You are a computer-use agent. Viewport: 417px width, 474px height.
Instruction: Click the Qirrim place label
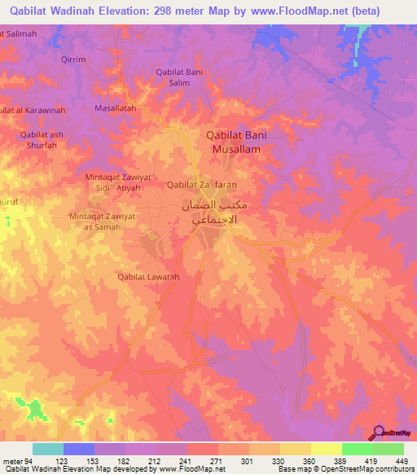[x=73, y=59]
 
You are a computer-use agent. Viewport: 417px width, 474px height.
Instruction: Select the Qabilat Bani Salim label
[x=178, y=77]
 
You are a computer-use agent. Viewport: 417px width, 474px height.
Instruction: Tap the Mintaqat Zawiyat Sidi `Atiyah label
[x=119, y=182]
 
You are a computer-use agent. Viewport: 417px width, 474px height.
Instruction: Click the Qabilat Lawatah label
[x=148, y=277]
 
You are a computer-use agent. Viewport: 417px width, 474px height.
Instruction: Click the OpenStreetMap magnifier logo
[x=380, y=432]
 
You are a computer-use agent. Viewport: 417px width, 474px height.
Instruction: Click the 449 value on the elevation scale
[x=402, y=461]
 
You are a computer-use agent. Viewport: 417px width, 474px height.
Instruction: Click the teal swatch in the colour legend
[x=47, y=449]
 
